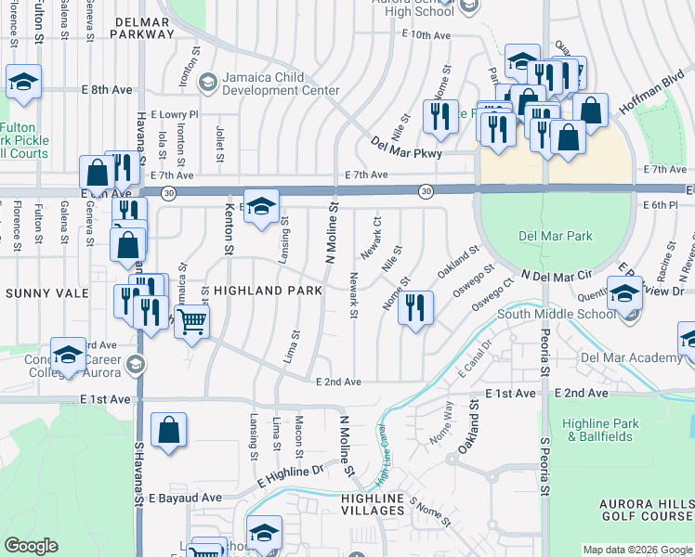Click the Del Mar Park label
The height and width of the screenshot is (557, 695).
pyautogui.click(x=555, y=236)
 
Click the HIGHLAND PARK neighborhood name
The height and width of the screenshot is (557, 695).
pyautogui.click(x=268, y=291)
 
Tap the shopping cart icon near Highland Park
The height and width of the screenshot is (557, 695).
pyautogui.click(x=192, y=321)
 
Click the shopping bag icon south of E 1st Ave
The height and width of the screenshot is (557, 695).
pyautogui.click(x=168, y=430)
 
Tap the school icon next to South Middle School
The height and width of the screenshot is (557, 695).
pyautogui.click(x=625, y=292)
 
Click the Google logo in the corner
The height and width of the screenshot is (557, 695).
pyautogui.click(x=32, y=546)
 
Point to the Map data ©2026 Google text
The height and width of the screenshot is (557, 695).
pyautogui.click(x=636, y=550)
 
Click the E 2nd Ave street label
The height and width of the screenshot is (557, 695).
pyautogui.click(x=338, y=382)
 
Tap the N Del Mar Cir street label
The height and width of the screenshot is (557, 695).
pyautogui.click(x=557, y=276)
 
